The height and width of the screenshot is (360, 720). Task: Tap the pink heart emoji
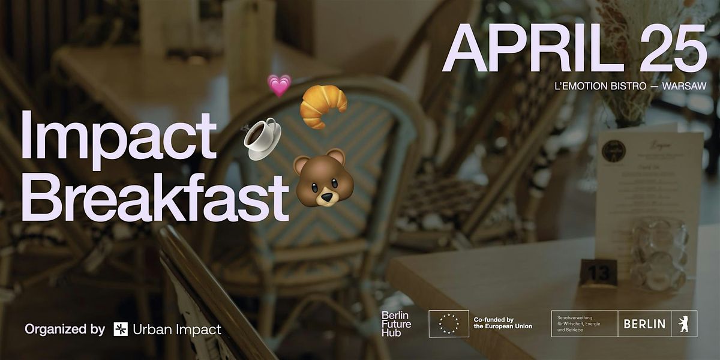[278, 85]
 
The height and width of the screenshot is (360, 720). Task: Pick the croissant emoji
[323, 106]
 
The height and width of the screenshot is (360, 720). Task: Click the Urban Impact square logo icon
[120, 329]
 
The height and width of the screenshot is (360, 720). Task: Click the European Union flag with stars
[448, 323]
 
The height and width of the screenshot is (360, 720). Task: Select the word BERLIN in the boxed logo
[644, 324]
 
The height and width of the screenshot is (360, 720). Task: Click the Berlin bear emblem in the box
[684, 324]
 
